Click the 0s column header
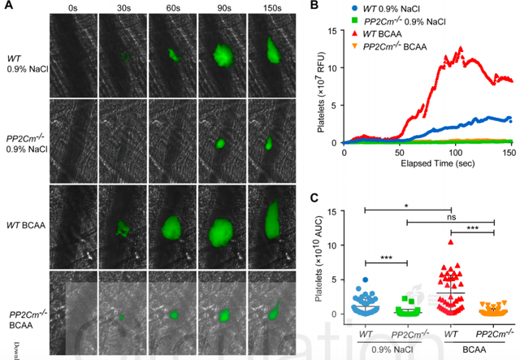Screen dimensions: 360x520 (73, 10)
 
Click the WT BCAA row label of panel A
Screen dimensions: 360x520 (25, 219)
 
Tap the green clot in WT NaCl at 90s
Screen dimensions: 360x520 (221, 55)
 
